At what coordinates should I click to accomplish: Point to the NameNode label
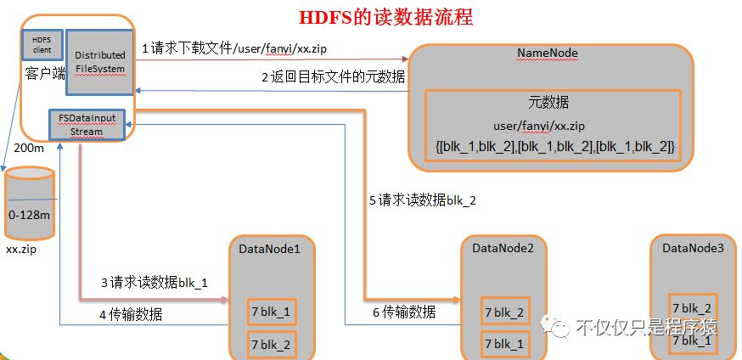click(x=548, y=53)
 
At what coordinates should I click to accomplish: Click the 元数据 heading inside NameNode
click(x=548, y=103)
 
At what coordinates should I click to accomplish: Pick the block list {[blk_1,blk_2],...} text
click(x=554, y=147)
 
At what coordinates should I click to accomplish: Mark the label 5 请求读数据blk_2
click(x=422, y=200)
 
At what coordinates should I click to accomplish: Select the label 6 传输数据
click(x=403, y=312)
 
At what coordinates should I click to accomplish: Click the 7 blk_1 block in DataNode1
click(x=269, y=312)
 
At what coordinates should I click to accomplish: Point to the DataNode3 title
click(x=694, y=247)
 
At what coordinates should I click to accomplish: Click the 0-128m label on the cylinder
click(x=29, y=216)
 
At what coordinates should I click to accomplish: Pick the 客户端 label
click(x=45, y=74)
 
